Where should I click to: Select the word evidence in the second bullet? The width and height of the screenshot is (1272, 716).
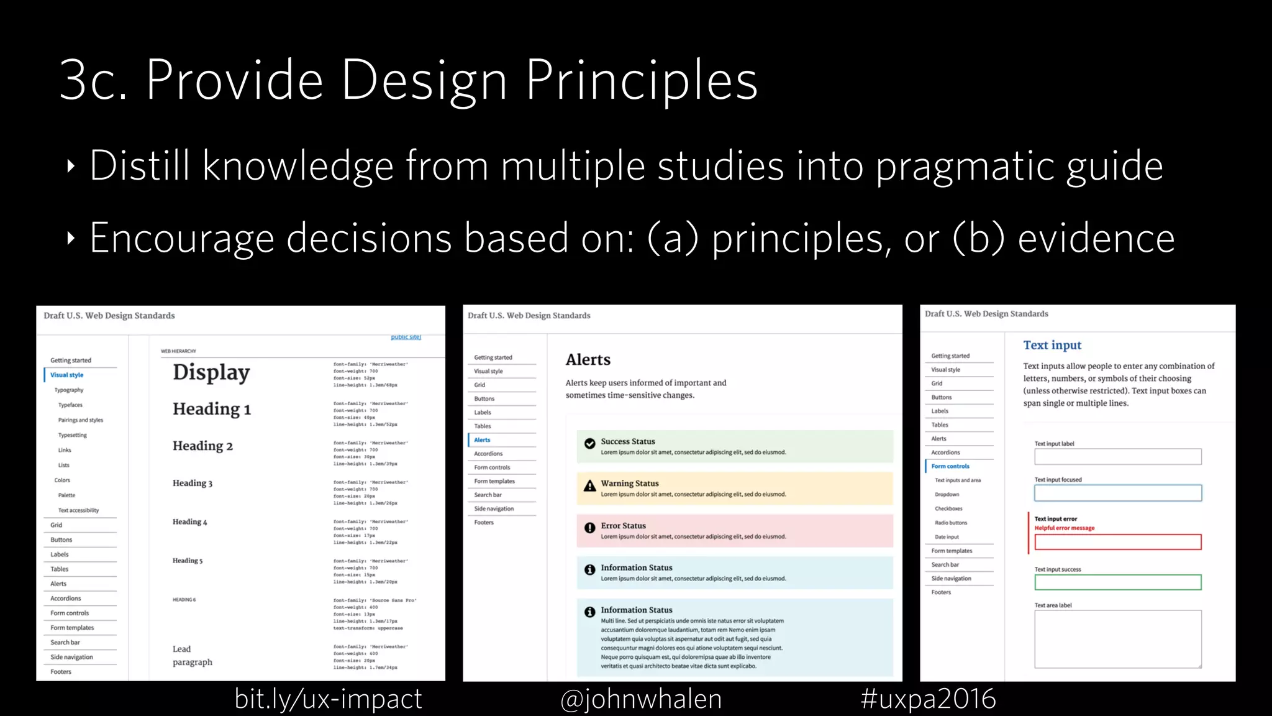(1096, 238)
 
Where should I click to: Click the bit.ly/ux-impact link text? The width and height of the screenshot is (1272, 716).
(328, 699)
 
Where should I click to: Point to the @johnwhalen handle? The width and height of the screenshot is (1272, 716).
(641, 699)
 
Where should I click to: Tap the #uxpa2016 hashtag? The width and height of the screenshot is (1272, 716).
(928, 699)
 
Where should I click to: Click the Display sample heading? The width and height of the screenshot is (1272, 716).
(211, 372)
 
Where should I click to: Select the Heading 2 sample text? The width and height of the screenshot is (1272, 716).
(202, 446)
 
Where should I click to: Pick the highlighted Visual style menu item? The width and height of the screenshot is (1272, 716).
(67, 375)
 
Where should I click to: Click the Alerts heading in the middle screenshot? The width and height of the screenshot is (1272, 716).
(588, 360)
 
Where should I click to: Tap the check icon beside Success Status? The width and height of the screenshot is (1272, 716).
(590, 443)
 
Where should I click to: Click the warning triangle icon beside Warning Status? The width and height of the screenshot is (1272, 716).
(590, 485)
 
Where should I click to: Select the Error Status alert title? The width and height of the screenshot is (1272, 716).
(623, 526)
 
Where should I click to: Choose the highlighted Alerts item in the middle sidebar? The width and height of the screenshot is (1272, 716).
(482, 440)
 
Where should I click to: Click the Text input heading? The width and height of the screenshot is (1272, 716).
(1052, 345)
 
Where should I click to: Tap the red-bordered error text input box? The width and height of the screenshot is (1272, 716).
(1118, 542)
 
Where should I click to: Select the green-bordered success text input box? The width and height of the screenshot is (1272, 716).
(1118, 582)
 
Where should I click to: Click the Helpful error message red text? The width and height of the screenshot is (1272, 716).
(1065, 528)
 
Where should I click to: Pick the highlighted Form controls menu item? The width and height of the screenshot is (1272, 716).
(950, 466)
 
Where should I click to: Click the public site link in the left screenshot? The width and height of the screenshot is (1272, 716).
(406, 337)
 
